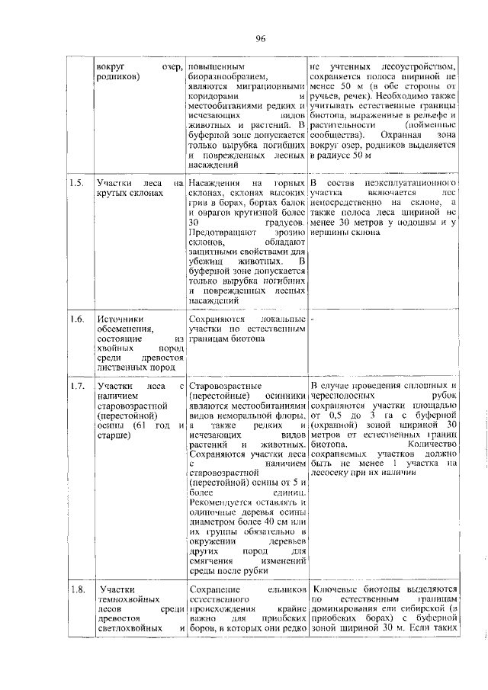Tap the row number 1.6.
75,318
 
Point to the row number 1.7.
75,387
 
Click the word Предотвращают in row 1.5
220,232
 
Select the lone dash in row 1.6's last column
313,318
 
